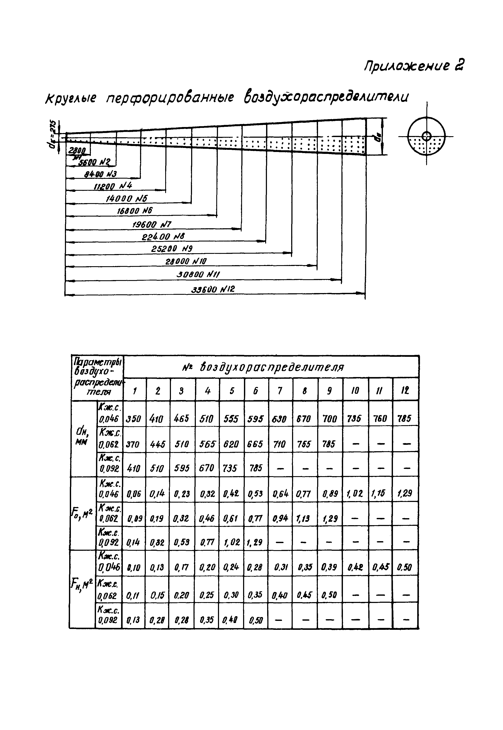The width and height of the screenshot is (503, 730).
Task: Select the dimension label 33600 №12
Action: [213, 289]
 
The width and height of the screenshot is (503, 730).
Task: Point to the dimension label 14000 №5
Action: [127, 198]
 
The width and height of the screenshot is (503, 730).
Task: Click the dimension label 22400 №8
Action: [163, 237]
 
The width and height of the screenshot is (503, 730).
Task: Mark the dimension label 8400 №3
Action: [101, 174]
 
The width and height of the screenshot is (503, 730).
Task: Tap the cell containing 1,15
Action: [380, 493]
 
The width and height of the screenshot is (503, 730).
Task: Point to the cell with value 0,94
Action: [280, 518]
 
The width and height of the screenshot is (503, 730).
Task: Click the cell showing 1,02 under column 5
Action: [231, 542]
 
